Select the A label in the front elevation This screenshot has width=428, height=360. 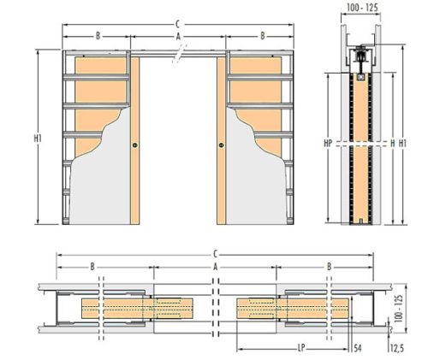tap(178, 37)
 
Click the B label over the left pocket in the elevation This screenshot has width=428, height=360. tap(98, 37)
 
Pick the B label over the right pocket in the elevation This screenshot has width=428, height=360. tap(262, 37)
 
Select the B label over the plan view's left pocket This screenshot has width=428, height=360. tap(92, 267)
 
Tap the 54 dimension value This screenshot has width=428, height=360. tap(358, 348)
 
